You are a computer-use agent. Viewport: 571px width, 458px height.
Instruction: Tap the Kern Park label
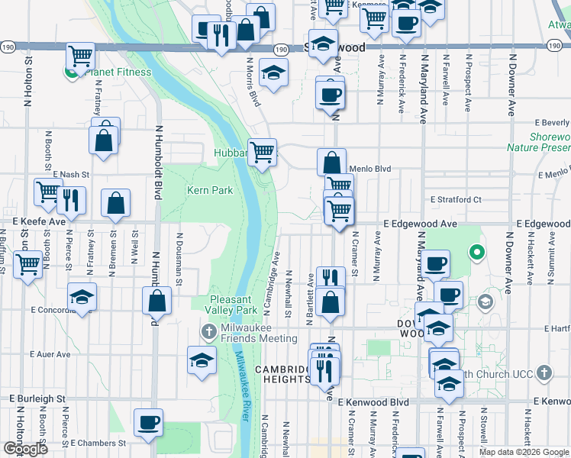click(210, 190)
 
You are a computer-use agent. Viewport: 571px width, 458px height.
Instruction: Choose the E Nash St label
click(71, 174)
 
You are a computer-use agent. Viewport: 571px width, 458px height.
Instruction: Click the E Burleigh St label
click(38, 398)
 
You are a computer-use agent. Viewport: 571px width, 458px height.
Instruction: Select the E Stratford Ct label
click(456, 199)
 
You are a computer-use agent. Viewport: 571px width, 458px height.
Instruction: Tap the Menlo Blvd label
click(369, 169)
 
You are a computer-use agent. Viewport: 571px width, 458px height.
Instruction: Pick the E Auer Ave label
click(50, 354)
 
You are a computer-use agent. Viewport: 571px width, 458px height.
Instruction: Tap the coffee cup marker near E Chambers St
click(148, 421)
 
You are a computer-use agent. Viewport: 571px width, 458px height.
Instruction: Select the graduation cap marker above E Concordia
click(82, 296)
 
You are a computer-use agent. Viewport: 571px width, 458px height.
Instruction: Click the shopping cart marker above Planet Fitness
click(80, 56)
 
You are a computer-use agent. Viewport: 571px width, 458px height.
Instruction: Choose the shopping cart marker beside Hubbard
click(262, 152)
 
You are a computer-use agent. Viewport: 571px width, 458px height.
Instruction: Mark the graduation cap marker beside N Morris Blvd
click(273, 72)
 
